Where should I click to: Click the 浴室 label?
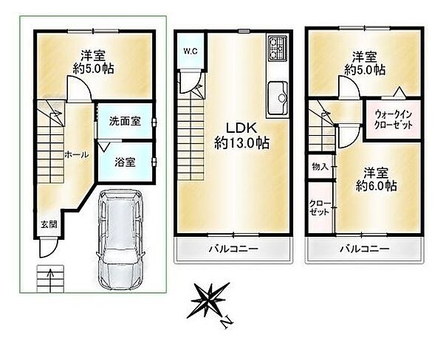tap(125, 162)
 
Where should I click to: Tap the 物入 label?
tap(319, 167)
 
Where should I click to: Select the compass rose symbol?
tap(210, 302)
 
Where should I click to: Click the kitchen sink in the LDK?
tap(280, 95)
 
